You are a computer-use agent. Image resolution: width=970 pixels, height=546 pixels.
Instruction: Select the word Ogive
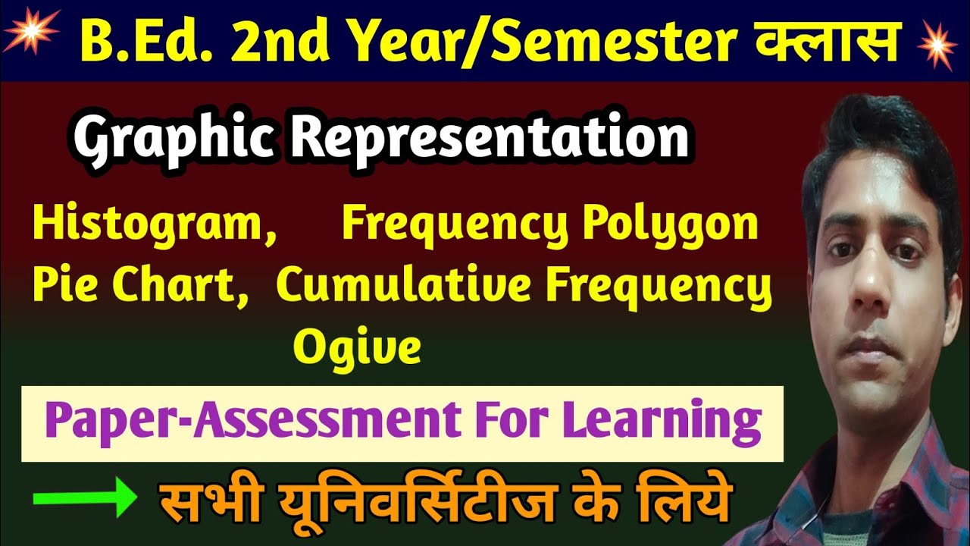click(x=357, y=347)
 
